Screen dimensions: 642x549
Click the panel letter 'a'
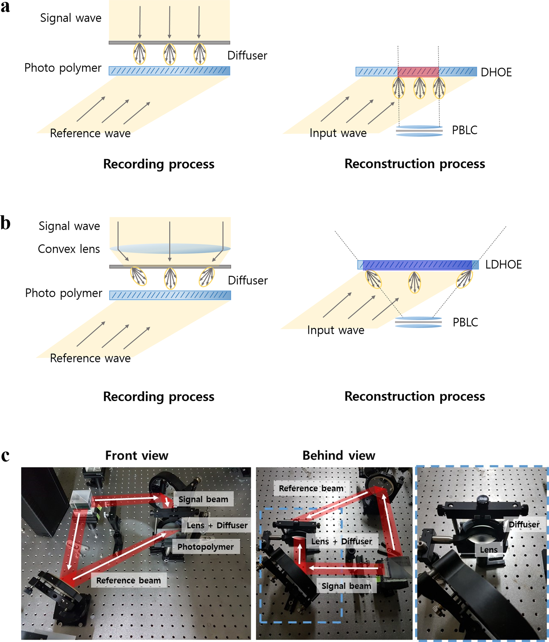5,7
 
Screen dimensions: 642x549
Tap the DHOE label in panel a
496,72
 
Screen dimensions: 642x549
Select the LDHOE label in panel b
503,265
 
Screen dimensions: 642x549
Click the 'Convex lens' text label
69,249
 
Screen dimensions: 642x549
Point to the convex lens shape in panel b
170,249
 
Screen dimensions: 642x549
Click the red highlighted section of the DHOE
418,71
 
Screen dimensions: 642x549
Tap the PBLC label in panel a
464,130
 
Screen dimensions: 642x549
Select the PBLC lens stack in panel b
418,322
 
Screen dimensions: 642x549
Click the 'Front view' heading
137,455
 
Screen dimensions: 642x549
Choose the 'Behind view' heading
339,455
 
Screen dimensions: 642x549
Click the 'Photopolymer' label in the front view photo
205,547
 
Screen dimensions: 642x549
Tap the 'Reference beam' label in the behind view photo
311,489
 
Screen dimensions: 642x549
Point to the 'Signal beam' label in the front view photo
203,499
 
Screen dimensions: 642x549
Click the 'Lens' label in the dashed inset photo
489,550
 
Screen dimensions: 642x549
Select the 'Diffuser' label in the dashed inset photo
524,525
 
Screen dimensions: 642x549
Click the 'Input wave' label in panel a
338,133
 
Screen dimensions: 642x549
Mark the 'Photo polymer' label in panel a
63,68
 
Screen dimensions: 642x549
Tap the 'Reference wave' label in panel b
90,358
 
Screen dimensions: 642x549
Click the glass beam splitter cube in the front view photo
81,501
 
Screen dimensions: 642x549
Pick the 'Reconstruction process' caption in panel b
415,396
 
